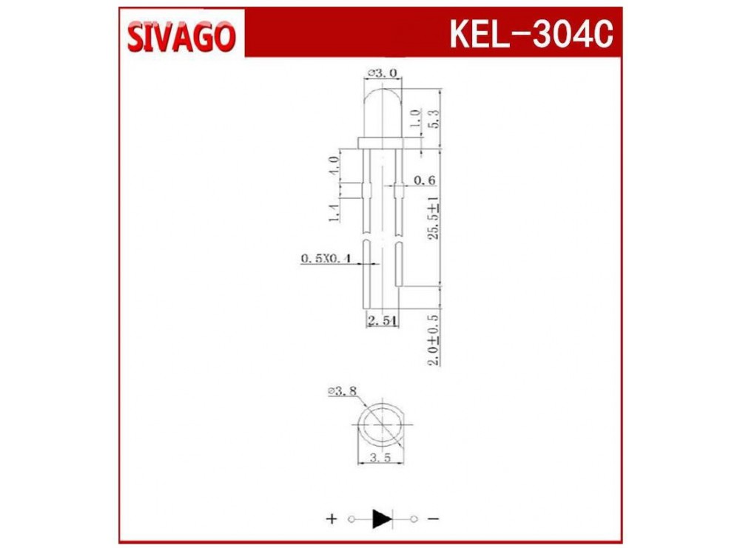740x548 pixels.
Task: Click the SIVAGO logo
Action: [x=181, y=37]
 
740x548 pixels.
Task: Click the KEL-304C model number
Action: [x=531, y=34]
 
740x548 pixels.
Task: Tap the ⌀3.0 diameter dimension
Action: [x=383, y=73]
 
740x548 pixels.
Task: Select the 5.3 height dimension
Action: [x=433, y=119]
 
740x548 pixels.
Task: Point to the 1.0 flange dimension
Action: [x=415, y=118]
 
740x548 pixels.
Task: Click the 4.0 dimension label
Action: [x=333, y=166]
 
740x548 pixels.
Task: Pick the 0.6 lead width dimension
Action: [x=424, y=180]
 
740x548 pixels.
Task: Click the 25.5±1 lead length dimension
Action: [x=433, y=218]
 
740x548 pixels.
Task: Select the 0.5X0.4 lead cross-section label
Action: [x=326, y=258]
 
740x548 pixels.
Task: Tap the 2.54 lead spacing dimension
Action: [x=383, y=321]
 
